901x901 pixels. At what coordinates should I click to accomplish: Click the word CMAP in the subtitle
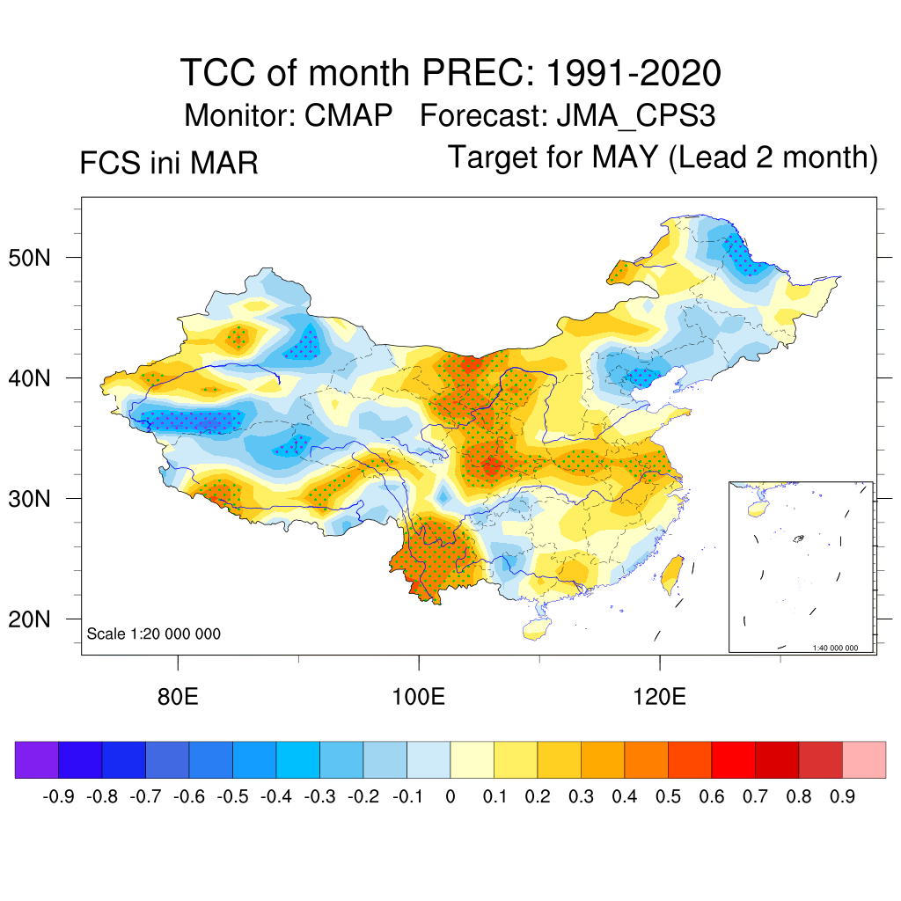[x=348, y=115]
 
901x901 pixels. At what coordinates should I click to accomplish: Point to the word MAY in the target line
[x=625, y=157]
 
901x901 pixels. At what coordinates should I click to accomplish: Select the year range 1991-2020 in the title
[x=634, y=73]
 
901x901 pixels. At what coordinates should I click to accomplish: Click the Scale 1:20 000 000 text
[x=154, y=634]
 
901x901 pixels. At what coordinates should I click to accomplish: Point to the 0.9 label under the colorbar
[x=843, y=797]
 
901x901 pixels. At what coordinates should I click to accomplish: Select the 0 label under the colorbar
[x=450, y=797]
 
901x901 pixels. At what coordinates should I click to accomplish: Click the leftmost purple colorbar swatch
[x=37, y=760]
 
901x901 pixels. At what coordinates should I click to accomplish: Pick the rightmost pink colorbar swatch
[x=864, y=760]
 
